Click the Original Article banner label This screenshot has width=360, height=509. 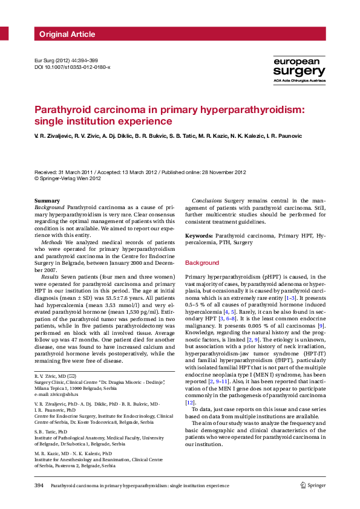(x=67, y=34)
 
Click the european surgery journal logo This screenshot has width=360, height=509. (x=299, y=70)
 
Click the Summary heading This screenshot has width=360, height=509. (x=47, y=200)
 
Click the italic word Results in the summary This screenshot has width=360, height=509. (x=51, y=276)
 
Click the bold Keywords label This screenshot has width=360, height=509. (x=198, y=235)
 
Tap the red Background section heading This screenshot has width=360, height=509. (x=201, y=263)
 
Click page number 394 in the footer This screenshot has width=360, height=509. (x=39, y=485)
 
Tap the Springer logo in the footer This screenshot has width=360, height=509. (x=313, y=485)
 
